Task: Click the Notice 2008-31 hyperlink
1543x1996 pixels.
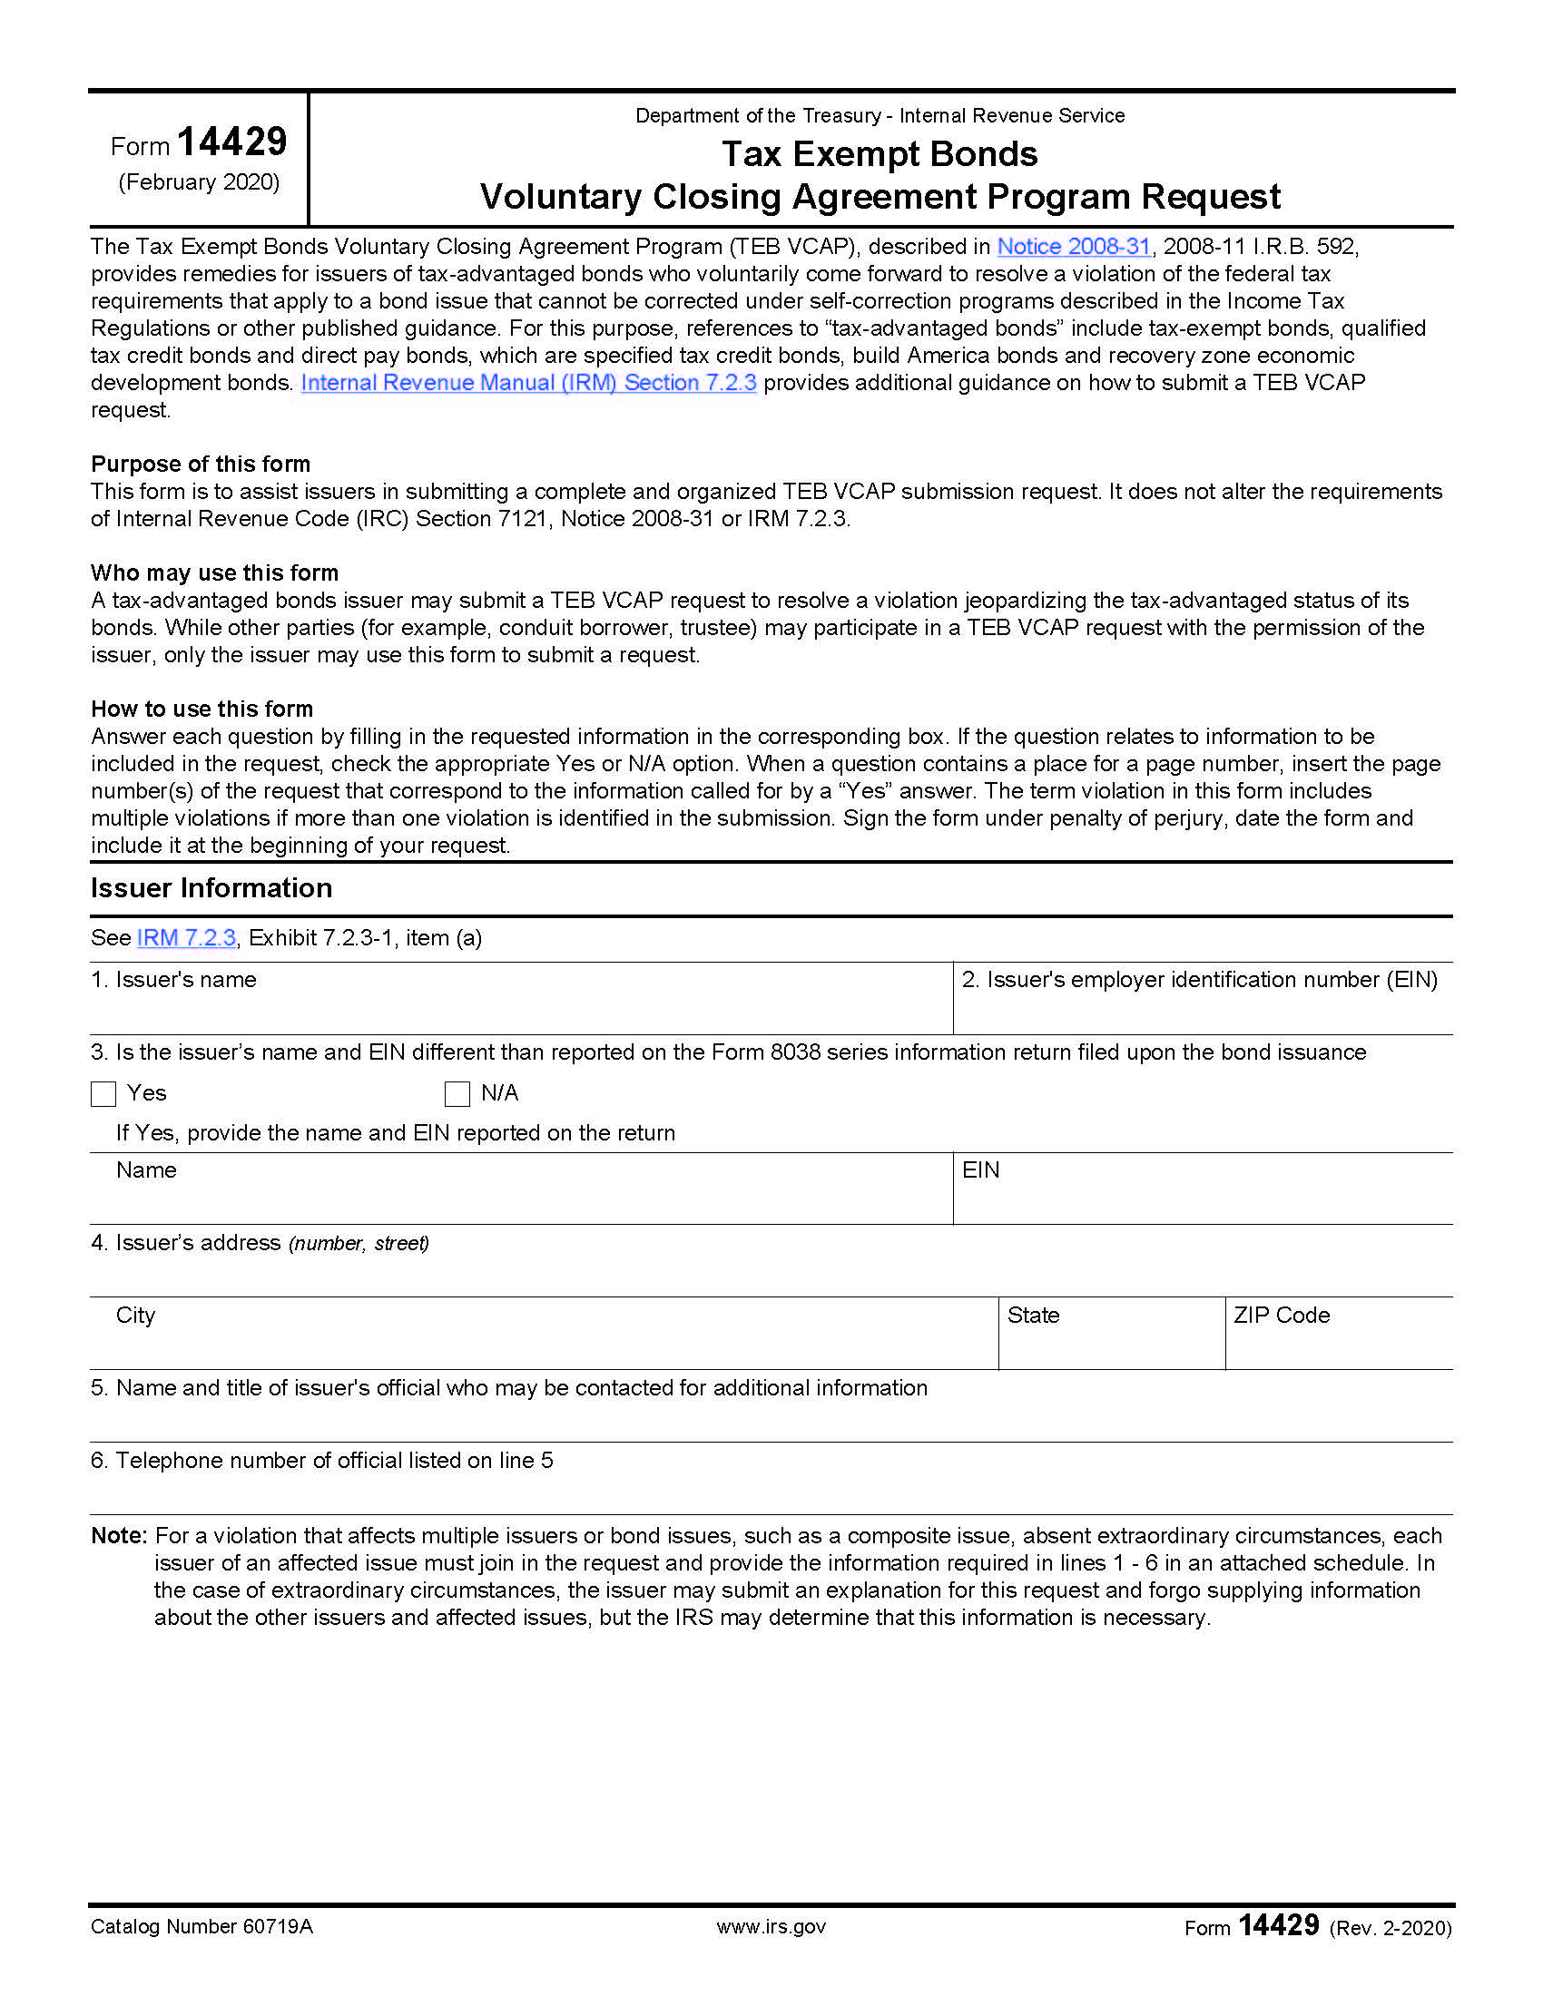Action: tap(1072, 247)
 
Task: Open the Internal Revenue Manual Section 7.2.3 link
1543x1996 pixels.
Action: tap(528, 383)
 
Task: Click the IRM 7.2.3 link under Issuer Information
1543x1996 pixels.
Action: tap(185, 938)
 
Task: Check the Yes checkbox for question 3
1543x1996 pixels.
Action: tap(103, 1094)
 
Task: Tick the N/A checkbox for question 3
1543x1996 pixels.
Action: tap(457, 1094)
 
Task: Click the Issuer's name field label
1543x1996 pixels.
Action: tap(173, 980)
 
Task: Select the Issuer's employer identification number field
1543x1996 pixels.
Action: tap(1199, 980)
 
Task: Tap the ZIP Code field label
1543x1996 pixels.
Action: tap(1281, 1316)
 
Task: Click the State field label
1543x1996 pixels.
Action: tap(1033, 1316)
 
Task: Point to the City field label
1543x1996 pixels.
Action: tap(135, 1316)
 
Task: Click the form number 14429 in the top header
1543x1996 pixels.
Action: tap(231, 142)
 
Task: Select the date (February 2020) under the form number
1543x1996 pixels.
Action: tap(200, 182)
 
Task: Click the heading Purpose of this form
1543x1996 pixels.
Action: tap(201, 465)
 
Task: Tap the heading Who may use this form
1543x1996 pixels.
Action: tap(214, 573)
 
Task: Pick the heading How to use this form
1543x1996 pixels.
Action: tap(201, 709)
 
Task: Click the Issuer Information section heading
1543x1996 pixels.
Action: tap(211, 888)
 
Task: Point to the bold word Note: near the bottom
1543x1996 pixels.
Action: tap(119, 1536)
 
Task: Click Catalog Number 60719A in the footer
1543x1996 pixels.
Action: tap(201, 1927)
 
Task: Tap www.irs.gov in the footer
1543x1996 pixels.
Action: tap(771, 1927)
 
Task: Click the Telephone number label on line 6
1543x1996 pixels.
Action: tap(322, 1461)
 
